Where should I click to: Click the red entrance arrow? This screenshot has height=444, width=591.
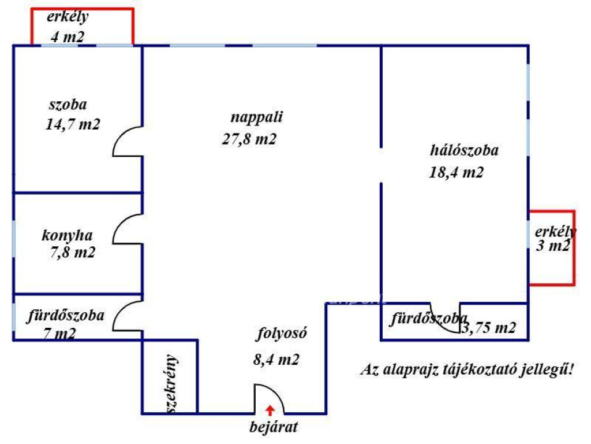[x=270, y=410]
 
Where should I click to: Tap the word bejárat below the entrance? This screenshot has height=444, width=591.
[x=274, y=427]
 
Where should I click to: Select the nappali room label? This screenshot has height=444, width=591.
[x=257, y=117]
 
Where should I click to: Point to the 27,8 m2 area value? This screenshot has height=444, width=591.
[x=249, y=139]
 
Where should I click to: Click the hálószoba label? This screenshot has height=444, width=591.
[x=465, y=150]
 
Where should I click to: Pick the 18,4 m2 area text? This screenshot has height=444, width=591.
[x=456, y=172]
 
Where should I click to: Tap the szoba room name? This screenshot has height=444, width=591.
[x=68, y=104]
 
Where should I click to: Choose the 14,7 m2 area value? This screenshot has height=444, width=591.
[x=73, y=124]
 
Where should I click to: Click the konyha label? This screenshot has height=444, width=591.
[x=67, y=235]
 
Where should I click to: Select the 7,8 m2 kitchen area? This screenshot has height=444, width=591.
[x=73, y=252]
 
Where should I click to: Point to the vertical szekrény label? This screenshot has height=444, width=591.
[x=171, y=384]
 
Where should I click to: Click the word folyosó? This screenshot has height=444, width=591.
[x=282, y=334]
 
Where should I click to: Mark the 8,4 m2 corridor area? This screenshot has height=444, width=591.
[x=276, y=359]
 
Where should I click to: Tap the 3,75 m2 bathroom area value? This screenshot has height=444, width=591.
[x=489, y=327]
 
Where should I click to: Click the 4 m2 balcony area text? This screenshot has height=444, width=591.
[x=68, y=36]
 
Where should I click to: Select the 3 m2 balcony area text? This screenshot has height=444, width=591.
[x=553, y=246]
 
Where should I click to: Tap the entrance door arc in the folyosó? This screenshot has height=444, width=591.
[x=275, y=392]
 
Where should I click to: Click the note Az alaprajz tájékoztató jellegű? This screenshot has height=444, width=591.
[x=467, y=369]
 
